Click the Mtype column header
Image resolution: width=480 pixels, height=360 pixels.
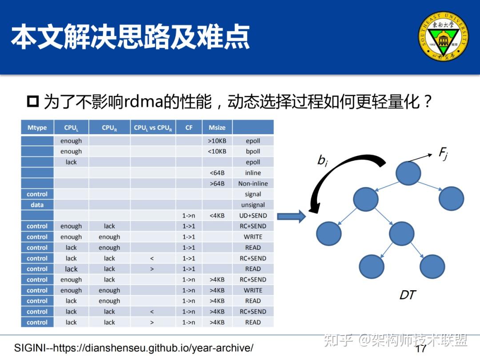(37, 128)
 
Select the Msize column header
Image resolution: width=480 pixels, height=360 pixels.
(217, 128)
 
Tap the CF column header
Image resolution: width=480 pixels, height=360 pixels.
(189, 128)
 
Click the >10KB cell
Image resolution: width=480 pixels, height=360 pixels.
(217, 141)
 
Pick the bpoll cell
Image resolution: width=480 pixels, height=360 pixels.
(253, 152)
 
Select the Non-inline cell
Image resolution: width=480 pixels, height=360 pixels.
(253, 184)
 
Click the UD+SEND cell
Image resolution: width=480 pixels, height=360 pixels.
(253, 216)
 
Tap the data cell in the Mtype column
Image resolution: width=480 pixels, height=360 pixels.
(37, 205)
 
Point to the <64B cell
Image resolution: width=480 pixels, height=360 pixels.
(217, 173)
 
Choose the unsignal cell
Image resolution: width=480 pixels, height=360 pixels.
(253, 205)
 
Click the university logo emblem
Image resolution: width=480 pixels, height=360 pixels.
(443, 36)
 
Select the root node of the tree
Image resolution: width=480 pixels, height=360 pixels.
(408, 173)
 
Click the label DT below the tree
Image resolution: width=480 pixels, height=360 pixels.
(408, 294)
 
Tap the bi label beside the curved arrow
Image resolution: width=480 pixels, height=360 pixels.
(322, 160)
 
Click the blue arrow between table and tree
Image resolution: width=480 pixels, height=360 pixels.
(292, 216)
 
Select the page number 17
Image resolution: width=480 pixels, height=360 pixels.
(420, 348)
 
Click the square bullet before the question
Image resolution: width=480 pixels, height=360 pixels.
(33, 102)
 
